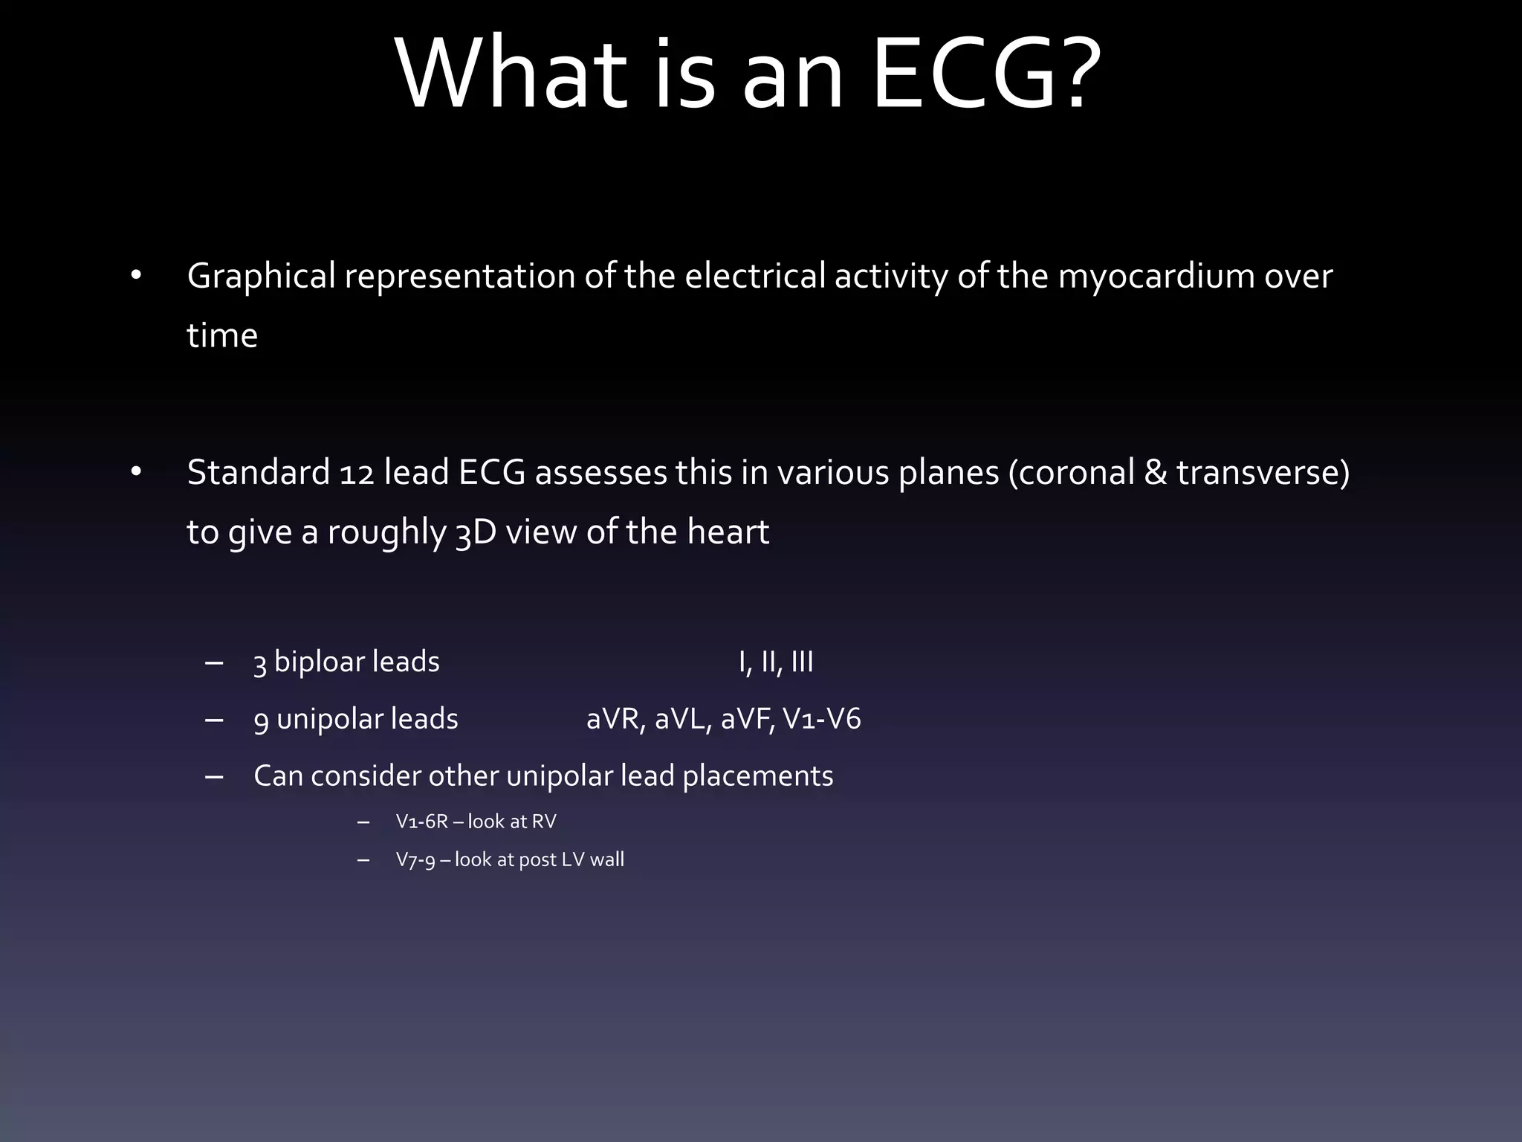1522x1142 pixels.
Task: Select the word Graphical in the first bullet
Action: coord(261,277)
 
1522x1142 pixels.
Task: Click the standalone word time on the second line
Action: coord(222,335)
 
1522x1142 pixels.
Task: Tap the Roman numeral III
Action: coord(802,662)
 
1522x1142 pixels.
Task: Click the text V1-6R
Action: coord(421,822)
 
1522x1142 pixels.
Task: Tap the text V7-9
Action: coord(415,860)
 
